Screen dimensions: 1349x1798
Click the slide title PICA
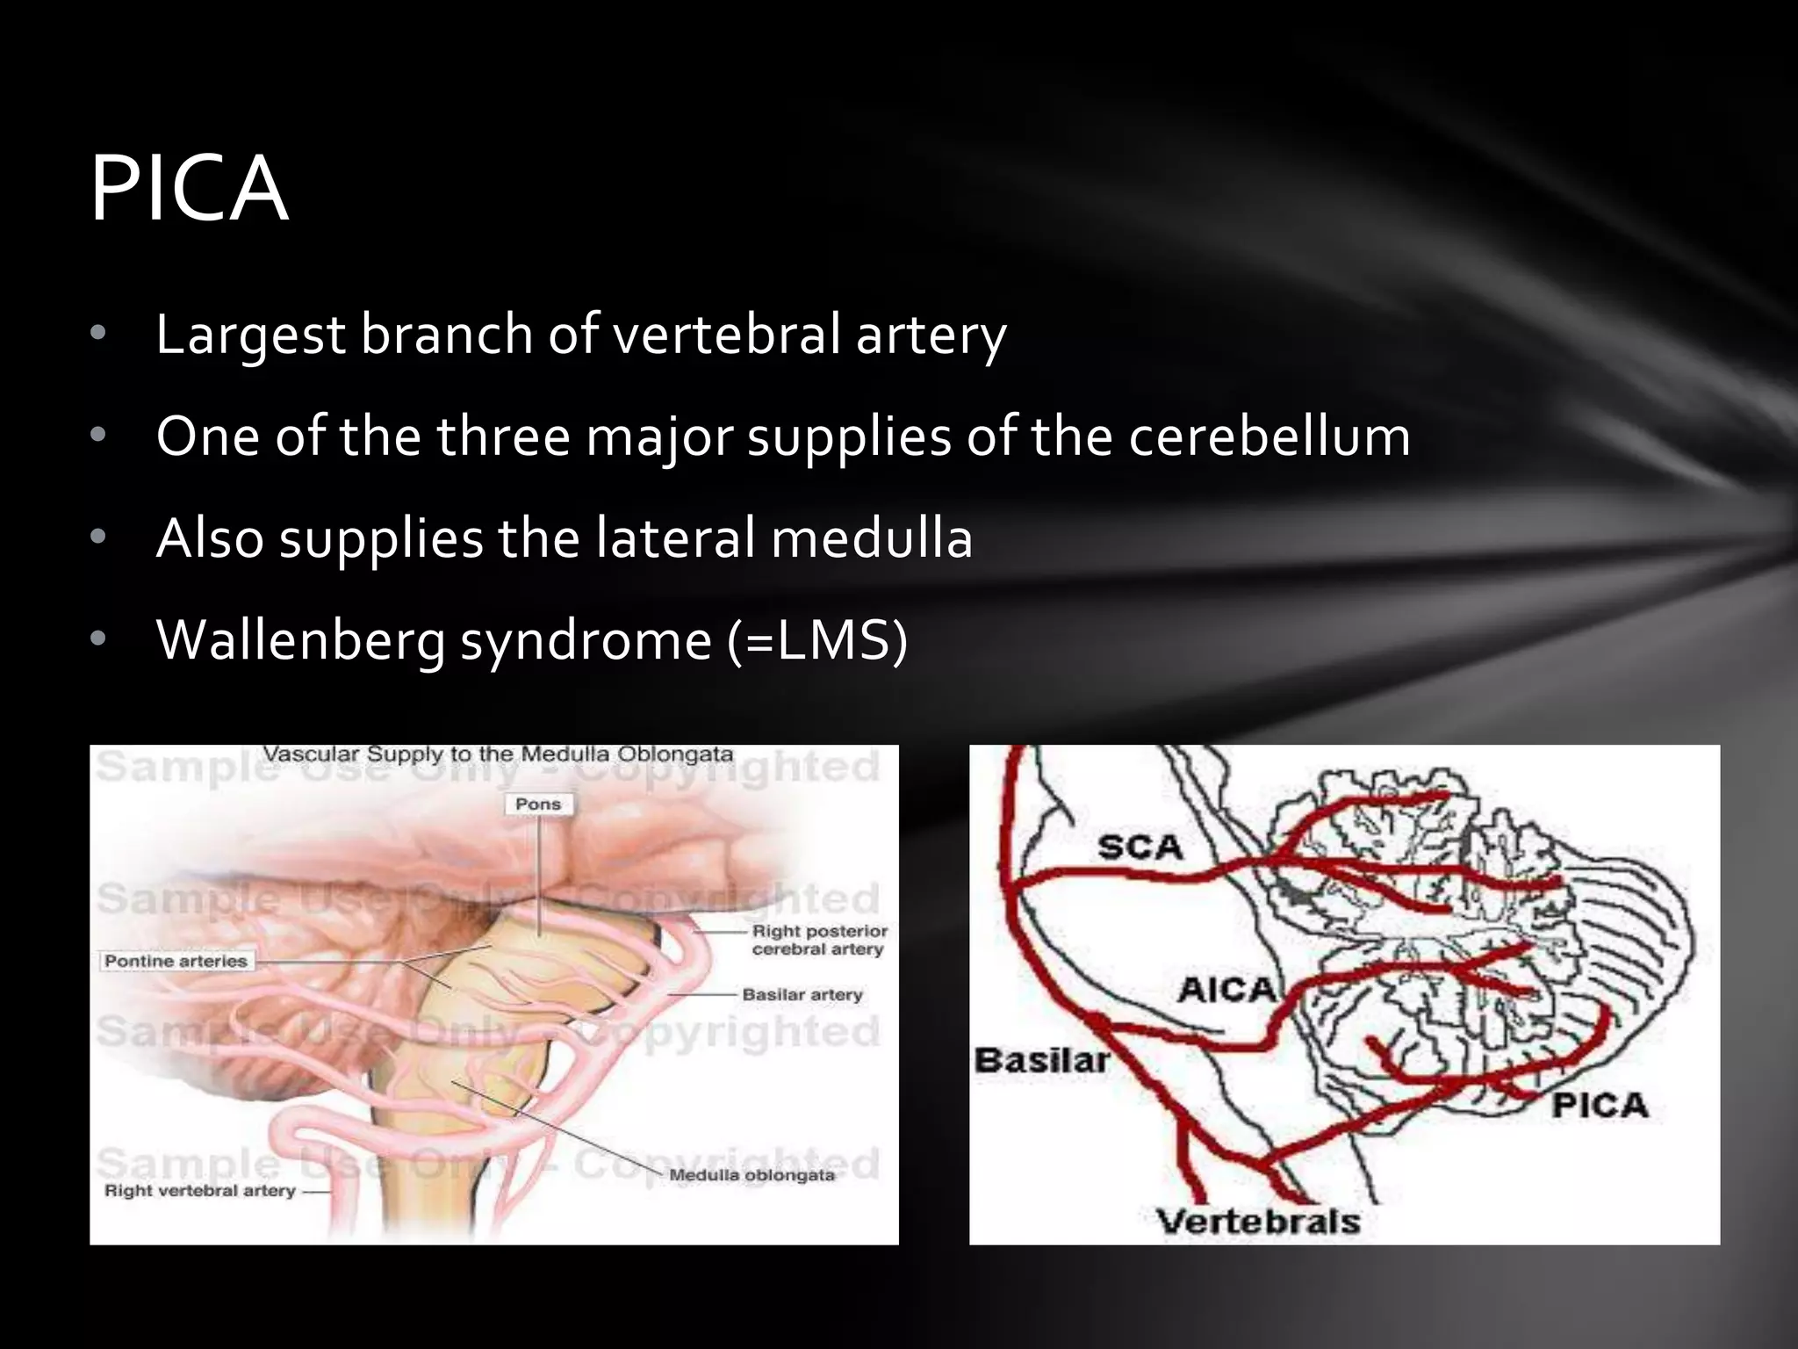click(x=189, y=190)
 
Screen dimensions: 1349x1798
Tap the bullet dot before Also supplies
click(x=97, y=537)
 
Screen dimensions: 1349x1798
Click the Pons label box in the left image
click(x=538, y=804)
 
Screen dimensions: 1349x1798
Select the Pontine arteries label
click(x=176, y=961)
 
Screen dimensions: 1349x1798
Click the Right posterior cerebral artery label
click(x=818, y=940)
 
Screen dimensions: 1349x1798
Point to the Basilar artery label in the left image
click(x=802, y=994)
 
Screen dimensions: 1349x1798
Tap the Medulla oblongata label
click(x=752, y=1175)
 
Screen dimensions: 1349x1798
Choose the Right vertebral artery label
click(x=200, y=1191)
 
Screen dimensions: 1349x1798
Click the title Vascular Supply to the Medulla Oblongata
click(x=498, y=754)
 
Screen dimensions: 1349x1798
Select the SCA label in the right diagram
click(x=1140, y=848)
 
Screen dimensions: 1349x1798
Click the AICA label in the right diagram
click(x=1226, y=990)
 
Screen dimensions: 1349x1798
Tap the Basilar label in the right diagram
click(x=1041, y=1060)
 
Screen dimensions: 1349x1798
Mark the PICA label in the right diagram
click(x=1599, y=1105)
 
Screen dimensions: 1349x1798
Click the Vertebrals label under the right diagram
click(x=1257, y=1222)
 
